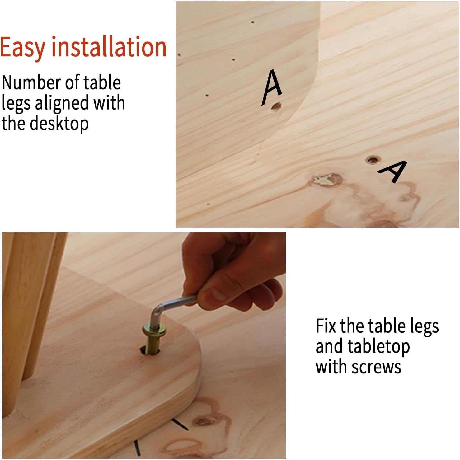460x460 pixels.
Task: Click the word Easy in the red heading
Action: [23, 47]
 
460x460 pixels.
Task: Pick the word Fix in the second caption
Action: [326, 326]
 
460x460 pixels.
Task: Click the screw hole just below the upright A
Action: [276, 107]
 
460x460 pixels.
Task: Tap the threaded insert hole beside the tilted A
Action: [373, 160]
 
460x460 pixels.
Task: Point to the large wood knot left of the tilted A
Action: [327, 180]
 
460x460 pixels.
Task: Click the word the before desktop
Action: [15, 123]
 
